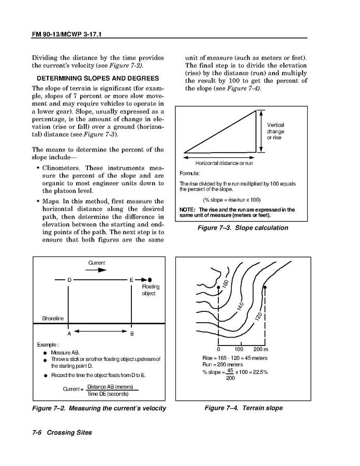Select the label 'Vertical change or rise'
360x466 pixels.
[x=275, y=131]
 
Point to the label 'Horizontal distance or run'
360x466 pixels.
[x=224, y=163]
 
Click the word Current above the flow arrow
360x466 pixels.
[x=96, y=263]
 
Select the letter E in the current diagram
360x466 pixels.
[x=131, y=280]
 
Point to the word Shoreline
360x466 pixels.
[x=53, y=319]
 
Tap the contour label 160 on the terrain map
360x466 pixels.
[x=225, y=284]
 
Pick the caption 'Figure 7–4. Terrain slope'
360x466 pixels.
[x=243, y=408]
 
